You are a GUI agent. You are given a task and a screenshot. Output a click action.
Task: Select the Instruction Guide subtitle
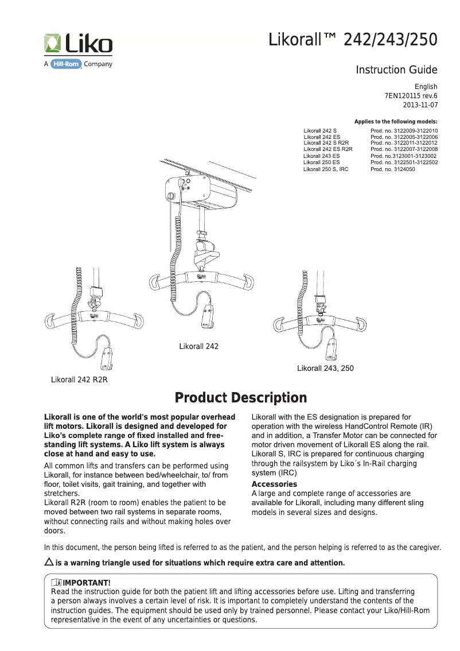click(x=396, y=70)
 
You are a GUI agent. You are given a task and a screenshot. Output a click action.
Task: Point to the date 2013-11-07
click(x=420, y=105)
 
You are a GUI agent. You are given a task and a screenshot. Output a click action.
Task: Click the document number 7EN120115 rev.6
click(x=410, y=96)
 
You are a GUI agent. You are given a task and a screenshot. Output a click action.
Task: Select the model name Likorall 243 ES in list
click(x=321, y=156)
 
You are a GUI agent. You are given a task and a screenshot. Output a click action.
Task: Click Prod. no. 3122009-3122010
click(x=404, y=131)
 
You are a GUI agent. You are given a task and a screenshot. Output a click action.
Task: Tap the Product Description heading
click(x=241, y=398)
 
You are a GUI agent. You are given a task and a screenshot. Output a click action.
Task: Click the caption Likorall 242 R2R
click(x=80, y=379)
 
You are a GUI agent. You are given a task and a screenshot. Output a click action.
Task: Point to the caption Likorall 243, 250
click(x=325, y=368)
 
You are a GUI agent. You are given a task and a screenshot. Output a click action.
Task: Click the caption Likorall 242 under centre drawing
click(x=199, y=347)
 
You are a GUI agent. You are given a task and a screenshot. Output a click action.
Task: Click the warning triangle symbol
click(x=49, y=561)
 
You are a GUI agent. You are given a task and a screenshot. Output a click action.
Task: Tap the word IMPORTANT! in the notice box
click(x=86, y=584)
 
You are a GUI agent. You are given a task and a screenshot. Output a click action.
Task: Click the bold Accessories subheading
click(x=274, y=484)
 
